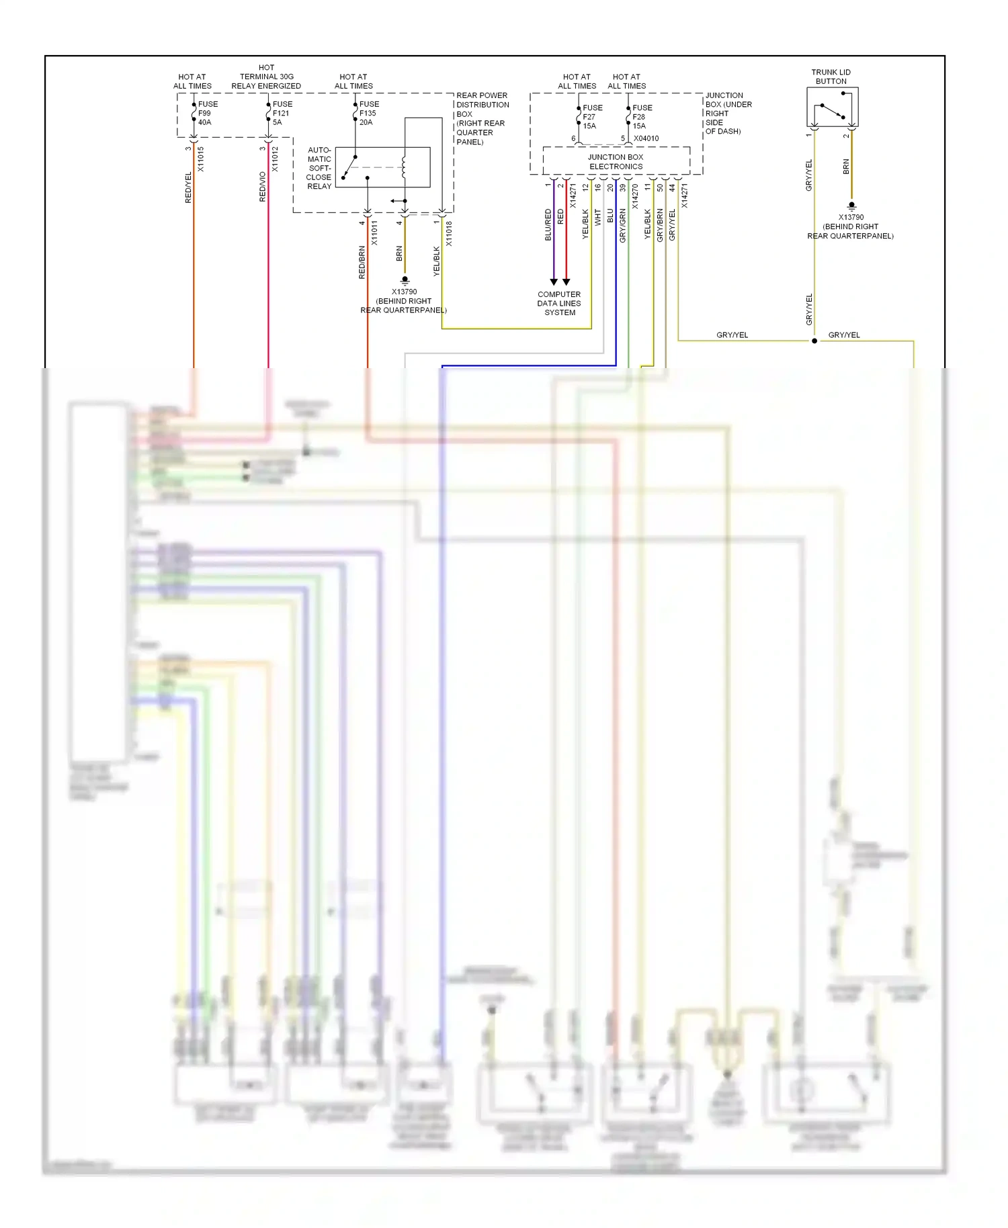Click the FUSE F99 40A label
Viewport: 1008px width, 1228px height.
point(207,113)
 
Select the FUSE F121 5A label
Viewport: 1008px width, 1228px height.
point(282,113)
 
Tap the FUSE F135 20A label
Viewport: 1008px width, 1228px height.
point(368,113)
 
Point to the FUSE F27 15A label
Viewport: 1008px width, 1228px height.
point(591,117)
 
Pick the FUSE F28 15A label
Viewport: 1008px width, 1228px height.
point(641,117)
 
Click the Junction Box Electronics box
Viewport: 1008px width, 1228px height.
point(616,161)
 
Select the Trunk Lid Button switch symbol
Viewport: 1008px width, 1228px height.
point(832,110)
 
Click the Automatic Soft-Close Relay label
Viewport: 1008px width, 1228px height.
point(319,168)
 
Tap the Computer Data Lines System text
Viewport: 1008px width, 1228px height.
point(559,304)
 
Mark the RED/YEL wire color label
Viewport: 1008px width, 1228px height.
point(188,187)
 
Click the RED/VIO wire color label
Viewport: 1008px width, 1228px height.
point(263,187)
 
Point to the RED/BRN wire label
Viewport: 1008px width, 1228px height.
point(362,263)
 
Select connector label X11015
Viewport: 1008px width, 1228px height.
point(201,159)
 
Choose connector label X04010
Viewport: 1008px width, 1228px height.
point(646,138)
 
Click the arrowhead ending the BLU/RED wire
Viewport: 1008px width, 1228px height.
point(554,281)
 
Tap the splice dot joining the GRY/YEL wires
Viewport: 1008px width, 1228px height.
point(814,341)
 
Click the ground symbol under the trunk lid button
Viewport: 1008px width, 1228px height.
point(851,206)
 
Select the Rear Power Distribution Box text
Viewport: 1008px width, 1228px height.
point(482,118)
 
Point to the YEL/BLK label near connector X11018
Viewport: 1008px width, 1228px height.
point(437,261)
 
